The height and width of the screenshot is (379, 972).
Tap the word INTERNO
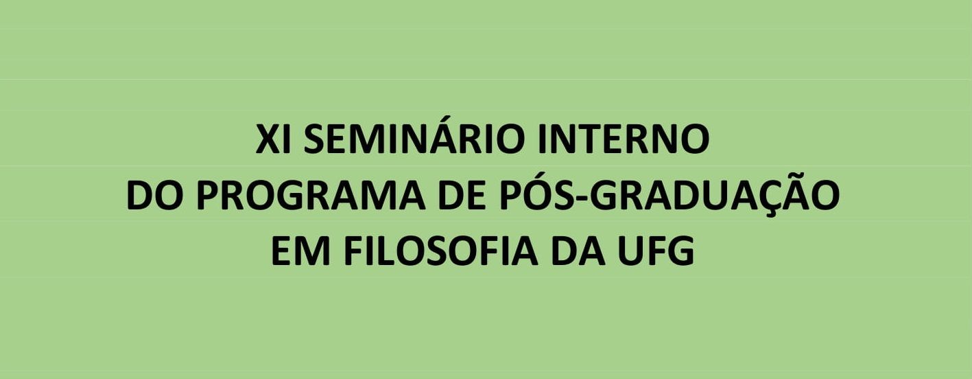coord(624,139)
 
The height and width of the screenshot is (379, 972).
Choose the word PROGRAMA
coord(310,196)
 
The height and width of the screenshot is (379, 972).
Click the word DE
coord(461,196)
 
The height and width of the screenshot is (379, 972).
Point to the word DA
coord(578,251)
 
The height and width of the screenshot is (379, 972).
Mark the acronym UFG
coord(656,251)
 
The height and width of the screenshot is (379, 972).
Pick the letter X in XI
coord(268,139)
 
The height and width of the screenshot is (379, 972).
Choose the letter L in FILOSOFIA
coord(387,251)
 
